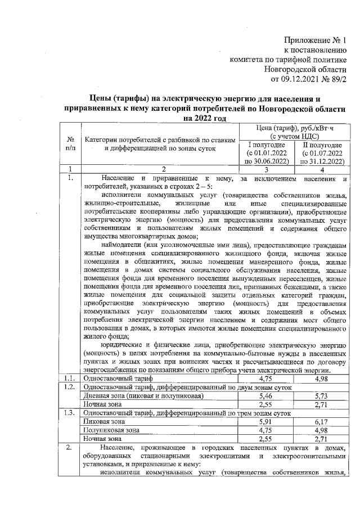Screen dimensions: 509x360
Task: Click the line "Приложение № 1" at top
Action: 316,40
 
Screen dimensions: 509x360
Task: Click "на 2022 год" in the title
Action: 204,118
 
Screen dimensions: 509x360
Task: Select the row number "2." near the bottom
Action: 69,447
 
